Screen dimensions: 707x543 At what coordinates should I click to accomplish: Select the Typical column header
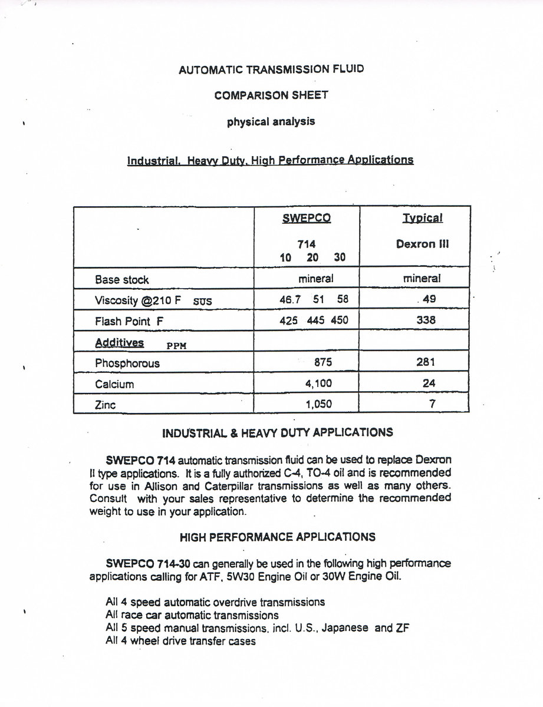[x=422, y=218]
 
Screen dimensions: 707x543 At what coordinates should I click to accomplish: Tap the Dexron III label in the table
[x=422, y=244]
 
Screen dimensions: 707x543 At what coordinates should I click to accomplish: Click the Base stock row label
[x=122, y=280]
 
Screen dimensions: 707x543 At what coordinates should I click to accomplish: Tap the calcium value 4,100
[x=319, y=384]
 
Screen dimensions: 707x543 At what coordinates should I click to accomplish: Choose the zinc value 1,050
[x=319, y=404]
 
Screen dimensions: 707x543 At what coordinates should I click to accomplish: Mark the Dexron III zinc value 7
[x=432, y=404]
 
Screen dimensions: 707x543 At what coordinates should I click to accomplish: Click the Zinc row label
[x=106, y=405]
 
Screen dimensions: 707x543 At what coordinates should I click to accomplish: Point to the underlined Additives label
[x=119, y=342]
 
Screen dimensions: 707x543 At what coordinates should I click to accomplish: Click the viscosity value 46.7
[x=290, y=299]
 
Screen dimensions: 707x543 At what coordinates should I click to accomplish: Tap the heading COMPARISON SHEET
[x=272, y=95]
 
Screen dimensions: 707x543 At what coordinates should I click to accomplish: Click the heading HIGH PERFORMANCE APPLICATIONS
[x=277, y=537]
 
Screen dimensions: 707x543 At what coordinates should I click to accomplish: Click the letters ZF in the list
[x=403, y=628]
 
